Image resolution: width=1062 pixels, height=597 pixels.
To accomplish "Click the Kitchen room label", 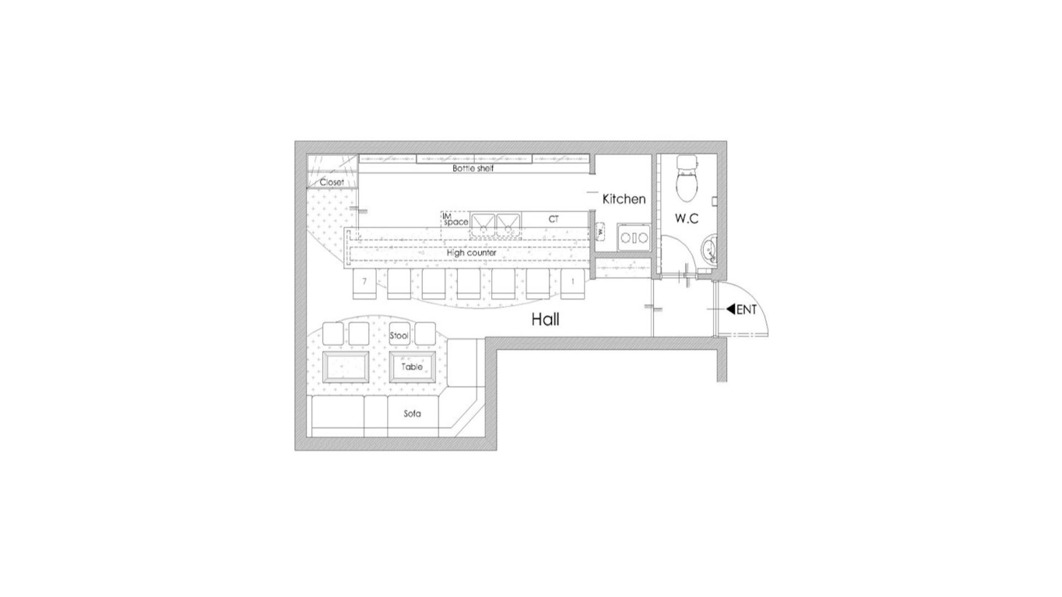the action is (x=624, y=199).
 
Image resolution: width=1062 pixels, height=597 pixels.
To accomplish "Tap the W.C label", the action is (x=686, y=218).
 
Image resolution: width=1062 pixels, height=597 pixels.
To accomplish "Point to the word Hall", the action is (x=545, y=320).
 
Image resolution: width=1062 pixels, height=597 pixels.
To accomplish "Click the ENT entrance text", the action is (x=747, y=310).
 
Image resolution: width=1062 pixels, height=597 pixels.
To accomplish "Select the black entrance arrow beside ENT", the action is (x=730, y=309).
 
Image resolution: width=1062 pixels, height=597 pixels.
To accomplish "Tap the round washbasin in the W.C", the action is (x=709, y=252).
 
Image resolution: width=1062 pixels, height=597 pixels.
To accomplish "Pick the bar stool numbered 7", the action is (x=365, y=283).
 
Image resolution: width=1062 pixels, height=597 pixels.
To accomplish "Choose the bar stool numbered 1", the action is (x=572, y=283).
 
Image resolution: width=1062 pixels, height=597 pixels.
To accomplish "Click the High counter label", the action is (x=471, y=253).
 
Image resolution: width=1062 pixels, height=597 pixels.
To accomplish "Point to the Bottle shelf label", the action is (x=473, y=168).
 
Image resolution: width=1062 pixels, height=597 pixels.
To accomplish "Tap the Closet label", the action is (x=332, y=182).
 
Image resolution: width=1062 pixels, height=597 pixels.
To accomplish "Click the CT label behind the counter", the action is (x=554, y=219).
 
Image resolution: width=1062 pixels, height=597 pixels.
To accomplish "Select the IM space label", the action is (x=455, y=219).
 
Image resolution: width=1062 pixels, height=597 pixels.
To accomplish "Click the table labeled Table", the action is (x=412, y=366).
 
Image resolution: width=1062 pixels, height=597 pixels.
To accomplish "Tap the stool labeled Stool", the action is (x=399, y=334).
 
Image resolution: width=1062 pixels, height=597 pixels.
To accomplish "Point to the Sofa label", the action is (x=412, y=413).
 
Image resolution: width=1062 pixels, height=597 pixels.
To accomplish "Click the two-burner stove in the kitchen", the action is (x=634, y=237).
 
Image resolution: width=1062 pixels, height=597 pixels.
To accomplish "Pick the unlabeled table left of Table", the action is (x=346, y=366).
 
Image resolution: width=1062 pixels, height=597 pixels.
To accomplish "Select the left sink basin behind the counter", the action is (x=483, y=224).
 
